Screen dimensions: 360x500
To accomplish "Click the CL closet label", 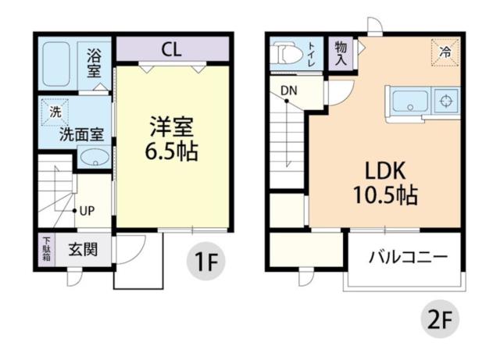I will click(x=172, y=50).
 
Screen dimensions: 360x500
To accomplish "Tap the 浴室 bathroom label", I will click(x=95, y=62).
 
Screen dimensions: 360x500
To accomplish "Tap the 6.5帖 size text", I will click(x=171, y=151).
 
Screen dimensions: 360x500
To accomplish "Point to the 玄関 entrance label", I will click(x=83, y=250).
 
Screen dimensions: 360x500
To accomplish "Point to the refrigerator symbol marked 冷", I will click(x=445, y=52).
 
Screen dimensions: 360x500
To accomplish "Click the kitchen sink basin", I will click(x=407, y=102).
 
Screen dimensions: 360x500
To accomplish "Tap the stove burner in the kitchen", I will click(x=447, y=102).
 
